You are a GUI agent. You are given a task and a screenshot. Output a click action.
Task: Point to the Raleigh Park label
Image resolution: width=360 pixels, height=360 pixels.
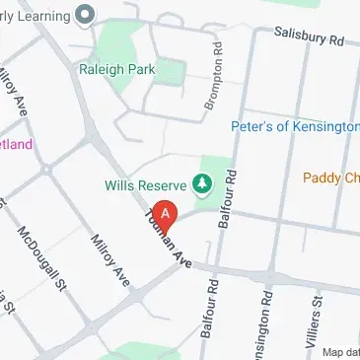[122, 71]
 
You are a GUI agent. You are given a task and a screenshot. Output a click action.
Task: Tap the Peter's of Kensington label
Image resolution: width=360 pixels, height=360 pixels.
[295, 127]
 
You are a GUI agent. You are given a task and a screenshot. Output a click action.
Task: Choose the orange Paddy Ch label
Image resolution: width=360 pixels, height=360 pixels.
[331, 178]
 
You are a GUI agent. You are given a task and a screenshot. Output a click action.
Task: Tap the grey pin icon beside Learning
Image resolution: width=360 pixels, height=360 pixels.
[84, 14]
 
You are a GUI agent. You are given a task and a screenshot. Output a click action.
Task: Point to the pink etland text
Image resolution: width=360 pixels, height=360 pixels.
[17, 144]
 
